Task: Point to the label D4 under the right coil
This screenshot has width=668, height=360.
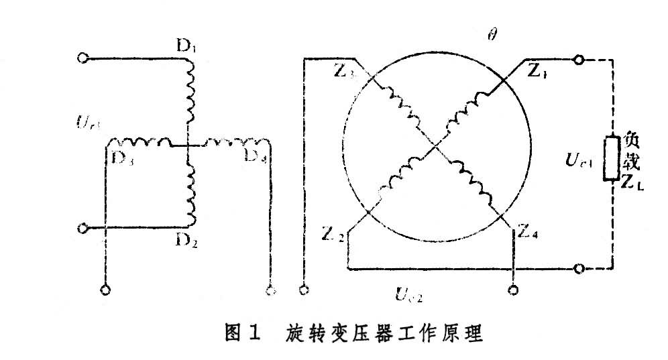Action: (254, 158)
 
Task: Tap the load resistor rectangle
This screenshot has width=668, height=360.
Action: (610, 159)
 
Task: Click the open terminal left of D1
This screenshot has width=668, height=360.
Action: (84, 58)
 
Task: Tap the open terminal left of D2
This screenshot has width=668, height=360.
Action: (84, 229)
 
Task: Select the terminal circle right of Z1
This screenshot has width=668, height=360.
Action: (578, 60)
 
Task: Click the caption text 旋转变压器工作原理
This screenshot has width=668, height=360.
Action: (381, 333)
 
